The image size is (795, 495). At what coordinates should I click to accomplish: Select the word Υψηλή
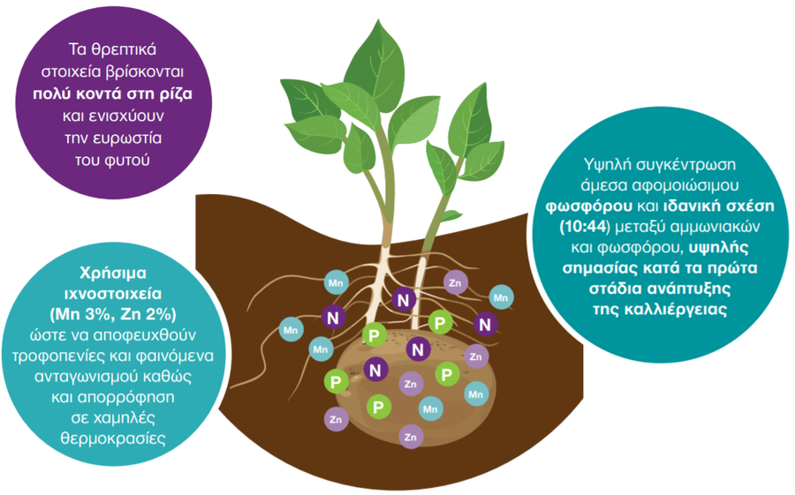tap(606, 165)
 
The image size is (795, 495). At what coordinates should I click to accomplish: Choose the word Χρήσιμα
tap(112, 273)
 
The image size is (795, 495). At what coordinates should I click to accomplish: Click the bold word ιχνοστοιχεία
tap(112, 294)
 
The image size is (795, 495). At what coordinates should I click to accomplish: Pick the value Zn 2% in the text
tap(146, 315)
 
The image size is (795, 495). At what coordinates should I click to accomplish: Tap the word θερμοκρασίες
tap(113, 438)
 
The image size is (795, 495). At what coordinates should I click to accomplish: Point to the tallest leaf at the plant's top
tap(376, 66)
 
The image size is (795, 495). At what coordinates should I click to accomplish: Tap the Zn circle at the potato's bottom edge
tap(411, 437)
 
